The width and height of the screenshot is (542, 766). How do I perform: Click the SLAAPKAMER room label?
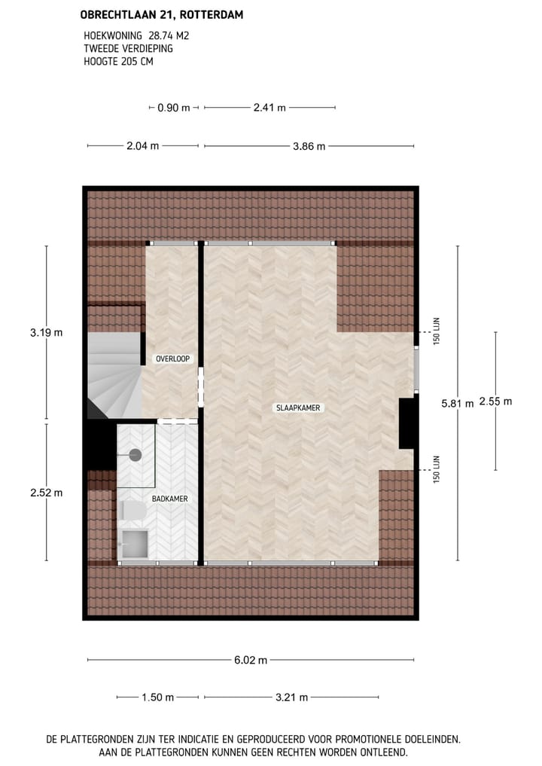(x=298, y=407)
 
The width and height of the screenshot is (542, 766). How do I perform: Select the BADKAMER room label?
(x=169, y=499)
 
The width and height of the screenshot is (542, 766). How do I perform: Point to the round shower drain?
(x=135, y=454)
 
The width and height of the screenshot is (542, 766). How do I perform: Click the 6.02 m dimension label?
(x=251, y=661)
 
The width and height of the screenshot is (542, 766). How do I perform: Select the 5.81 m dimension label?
(x=458, y=403)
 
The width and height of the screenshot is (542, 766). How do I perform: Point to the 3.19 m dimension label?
(x=46, y=332)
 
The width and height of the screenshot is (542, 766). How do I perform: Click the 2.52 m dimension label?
(x=46, y=493)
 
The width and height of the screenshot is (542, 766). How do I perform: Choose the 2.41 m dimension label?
(x=269, y=108)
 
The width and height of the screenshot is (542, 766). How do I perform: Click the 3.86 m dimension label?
(x=309, y=146)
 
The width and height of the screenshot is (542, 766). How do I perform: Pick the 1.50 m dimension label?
(x=157, y=697)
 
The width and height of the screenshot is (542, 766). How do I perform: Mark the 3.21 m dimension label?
(x=292, y=697)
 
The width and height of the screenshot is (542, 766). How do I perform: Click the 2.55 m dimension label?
(x=495, y=401)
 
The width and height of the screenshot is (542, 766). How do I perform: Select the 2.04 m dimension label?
(x=143, y=146)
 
